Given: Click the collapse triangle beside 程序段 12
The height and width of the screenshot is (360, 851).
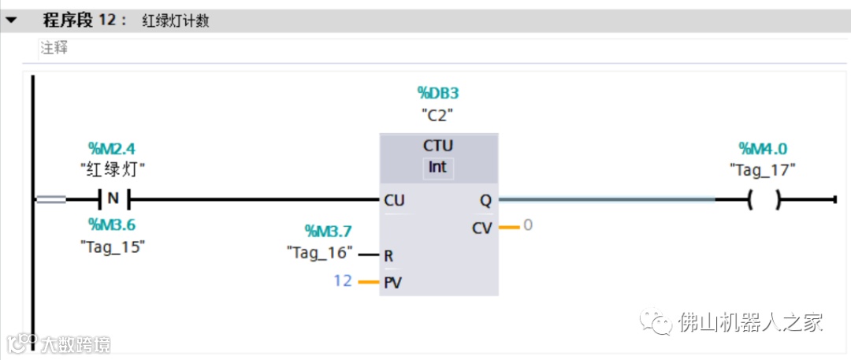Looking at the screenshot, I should click(11, 20).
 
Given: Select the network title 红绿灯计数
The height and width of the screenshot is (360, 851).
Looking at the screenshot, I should click(175, 20).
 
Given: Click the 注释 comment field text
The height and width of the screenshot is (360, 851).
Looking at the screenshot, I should click(54, 48).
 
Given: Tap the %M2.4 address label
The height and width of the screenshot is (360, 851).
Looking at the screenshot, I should click(113, 148).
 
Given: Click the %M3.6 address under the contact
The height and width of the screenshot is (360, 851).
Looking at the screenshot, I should click(113, 225).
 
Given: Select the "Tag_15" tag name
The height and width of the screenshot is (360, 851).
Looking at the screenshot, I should click(113, 245).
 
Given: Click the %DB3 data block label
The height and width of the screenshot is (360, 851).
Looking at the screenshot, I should click(437, 94).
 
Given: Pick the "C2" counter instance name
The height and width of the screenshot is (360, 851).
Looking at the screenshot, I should click(437, 115).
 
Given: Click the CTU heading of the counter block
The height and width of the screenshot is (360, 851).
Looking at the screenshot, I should click(438, 147).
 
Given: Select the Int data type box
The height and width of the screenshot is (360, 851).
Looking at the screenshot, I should click(437, 167).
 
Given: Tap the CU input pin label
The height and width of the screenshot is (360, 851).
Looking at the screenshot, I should click(395, 201).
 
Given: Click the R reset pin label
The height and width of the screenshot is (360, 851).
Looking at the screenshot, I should click(388, 256).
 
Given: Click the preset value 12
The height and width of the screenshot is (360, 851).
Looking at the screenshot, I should click(342, 280).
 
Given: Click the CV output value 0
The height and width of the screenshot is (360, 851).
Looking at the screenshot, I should click(528, 225).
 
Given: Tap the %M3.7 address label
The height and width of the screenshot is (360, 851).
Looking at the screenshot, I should click(329, 231).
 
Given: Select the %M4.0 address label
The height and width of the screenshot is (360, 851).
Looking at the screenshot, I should click(763, 148).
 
